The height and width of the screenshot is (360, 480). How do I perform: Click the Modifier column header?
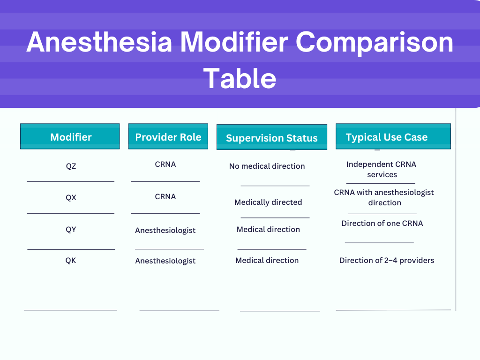click(x=70, y=136)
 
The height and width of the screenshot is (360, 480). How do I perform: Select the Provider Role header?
click(x=168, y=136)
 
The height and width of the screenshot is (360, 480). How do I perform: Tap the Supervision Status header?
click(x=272, y=137)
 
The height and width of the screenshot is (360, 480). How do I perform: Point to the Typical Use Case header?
click(x=393, y=136)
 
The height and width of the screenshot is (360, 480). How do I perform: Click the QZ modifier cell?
click(x=71, y=166)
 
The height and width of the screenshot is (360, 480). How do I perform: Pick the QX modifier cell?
click(x=71, y=197)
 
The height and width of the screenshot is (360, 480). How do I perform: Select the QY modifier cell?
click(x=71, y=229)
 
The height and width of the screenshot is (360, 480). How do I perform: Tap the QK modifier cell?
click(x=71, y=261)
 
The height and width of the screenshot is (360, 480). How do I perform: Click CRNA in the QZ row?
click(x=165, y=165)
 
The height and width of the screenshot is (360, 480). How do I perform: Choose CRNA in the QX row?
click(x=165, y=196)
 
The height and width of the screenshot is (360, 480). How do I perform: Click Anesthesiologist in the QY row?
click(x=165, y=230)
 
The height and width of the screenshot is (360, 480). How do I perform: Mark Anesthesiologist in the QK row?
click(x=165, y=261)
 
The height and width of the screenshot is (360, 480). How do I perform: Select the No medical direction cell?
click(x=267, y=166)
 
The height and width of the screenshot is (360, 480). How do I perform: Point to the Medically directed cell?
click(x=268, y=202)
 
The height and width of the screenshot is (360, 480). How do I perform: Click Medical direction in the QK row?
click(x=267, y=261)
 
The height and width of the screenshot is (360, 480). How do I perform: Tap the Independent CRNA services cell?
click(x=382, y=169)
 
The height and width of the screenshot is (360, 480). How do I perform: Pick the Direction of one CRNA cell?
click(x=382, y=224)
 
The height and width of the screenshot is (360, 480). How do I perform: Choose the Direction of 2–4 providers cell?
click(x=387, y=261)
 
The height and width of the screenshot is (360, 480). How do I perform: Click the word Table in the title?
click(x=240, y=78)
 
